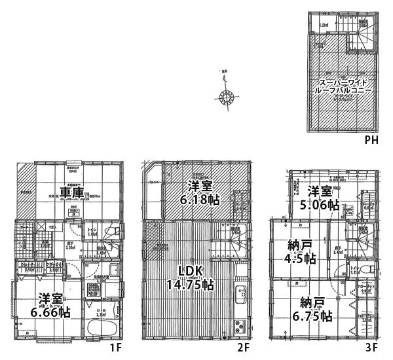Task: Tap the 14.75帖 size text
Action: (x=190, y=285)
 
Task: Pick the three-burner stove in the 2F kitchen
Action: (x=239, y=323)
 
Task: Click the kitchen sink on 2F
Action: (x=240, y=294)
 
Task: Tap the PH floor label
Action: (x=371, y=140)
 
